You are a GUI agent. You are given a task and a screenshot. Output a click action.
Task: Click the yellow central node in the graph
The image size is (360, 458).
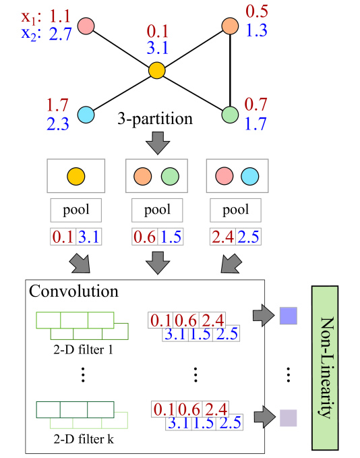pos(156,69)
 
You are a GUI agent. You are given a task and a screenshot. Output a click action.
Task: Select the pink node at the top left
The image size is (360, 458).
pos(86,26)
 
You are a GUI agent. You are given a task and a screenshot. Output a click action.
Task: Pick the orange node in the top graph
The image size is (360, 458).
pos(231,26)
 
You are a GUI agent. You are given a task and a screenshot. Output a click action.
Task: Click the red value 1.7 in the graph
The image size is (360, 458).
pos(58,105)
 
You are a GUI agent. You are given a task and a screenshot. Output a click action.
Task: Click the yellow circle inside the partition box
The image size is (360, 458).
pos(76,177)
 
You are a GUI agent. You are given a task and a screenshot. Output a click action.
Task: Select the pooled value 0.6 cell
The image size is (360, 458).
pos(141,237)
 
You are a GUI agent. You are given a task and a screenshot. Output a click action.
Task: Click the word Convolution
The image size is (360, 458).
pos(73,292)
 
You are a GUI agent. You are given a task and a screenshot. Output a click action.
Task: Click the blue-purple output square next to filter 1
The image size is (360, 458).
pos(289,315)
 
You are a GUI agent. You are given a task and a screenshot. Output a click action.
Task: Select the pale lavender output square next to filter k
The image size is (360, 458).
pos(289,416)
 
